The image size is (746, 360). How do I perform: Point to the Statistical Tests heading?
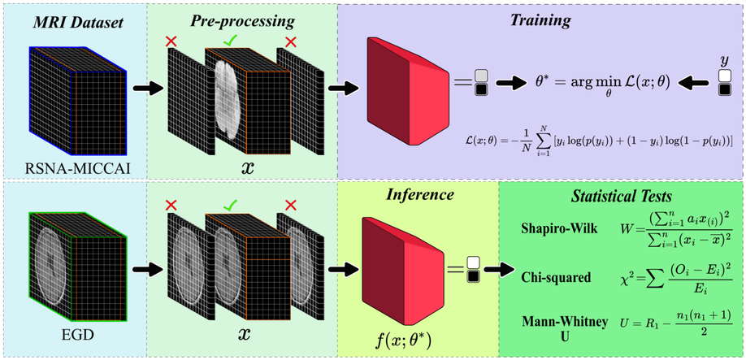pos(618,197)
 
